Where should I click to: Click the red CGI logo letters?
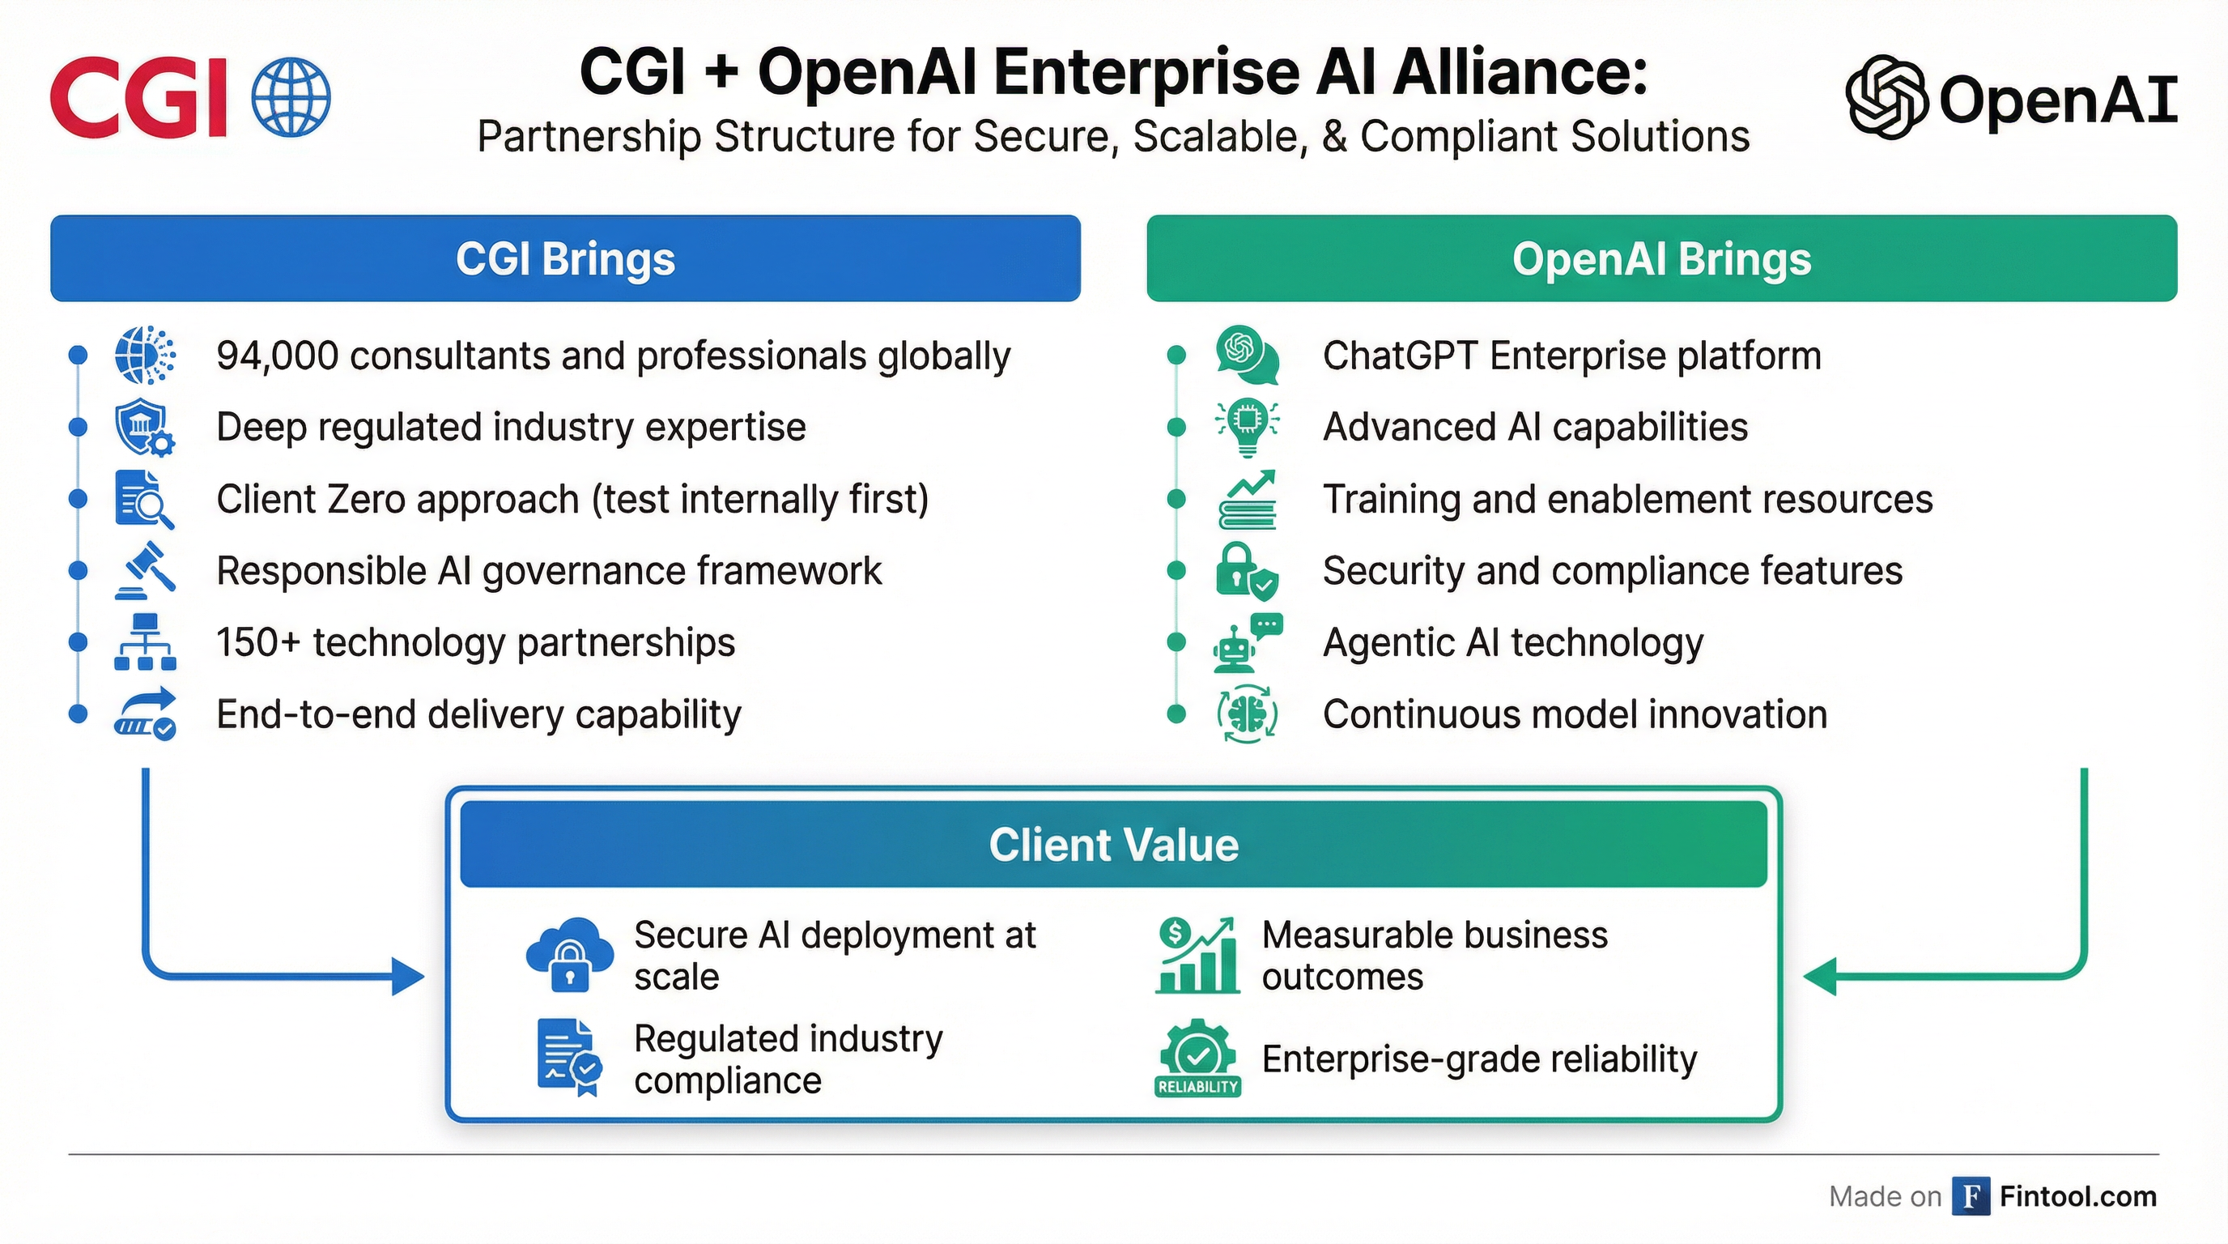[x=138, y=98]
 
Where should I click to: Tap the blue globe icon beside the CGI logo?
[x=291, y=97]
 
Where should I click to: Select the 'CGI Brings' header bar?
[x=565, y=258]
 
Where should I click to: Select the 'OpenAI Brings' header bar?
[x=1660, y=258]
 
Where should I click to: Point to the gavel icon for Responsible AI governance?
[x=145, y=569]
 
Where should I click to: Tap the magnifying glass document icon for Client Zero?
[x=143, y=499]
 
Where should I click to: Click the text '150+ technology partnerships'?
[x=475, y=643]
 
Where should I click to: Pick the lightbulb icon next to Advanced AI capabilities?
[x=1246, y=428]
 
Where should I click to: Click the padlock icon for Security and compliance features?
[x=1244, y=571]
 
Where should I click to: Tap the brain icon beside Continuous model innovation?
[x=1246, y=714]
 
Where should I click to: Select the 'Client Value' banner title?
[x=1113, y=845]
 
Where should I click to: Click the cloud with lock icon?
[x=570, y=954]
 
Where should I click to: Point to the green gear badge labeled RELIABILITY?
[x=1198, y=1059]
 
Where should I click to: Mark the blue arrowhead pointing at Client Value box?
[x=408, y=977]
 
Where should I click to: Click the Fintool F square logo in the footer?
[x=1971, y=1196]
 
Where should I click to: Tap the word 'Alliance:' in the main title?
[x=1520, y=72]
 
